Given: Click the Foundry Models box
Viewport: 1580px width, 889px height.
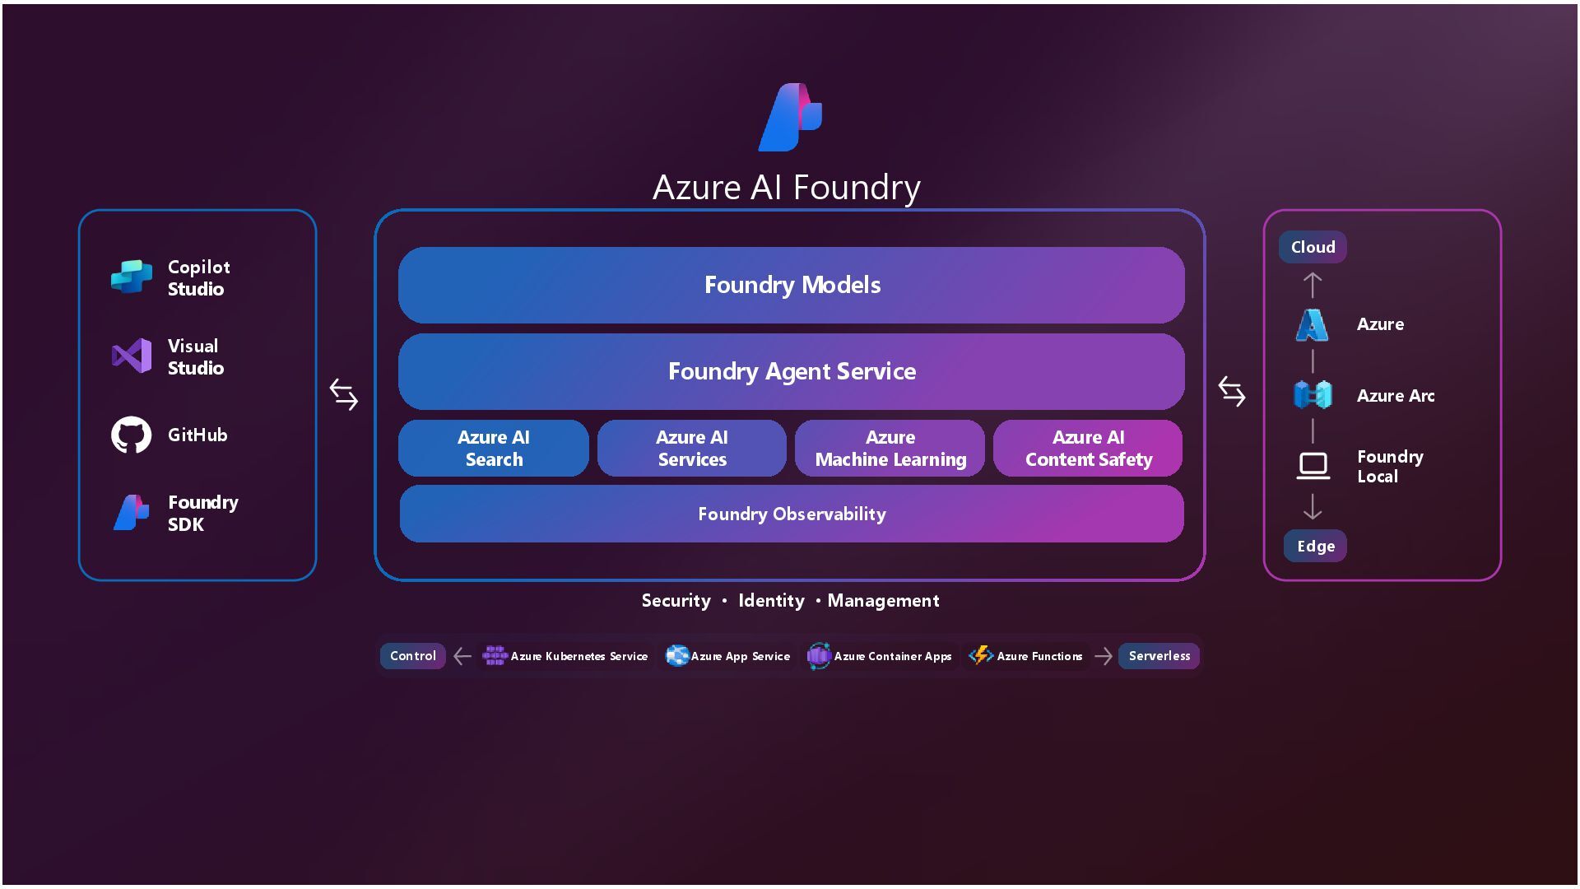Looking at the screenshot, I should (x=791, y=285).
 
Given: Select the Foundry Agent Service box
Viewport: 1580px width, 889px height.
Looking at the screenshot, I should (x=791, y=371).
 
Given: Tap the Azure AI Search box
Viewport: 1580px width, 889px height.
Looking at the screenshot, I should (x=494, y=448).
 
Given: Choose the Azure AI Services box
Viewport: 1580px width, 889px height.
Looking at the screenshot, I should (x=691, y=448).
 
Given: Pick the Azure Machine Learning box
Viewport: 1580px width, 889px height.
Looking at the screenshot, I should (x=890, y=448).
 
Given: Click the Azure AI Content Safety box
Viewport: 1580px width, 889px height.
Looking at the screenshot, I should (x=1088, y=448).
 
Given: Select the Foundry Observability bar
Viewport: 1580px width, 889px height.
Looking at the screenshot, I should (x=791, y=514).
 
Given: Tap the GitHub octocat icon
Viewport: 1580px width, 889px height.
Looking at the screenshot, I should (x=132, y=435).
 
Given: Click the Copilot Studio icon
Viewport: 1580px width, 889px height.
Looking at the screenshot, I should (x=132, y=277).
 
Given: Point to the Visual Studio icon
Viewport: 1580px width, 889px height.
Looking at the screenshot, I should (x=132, y=356).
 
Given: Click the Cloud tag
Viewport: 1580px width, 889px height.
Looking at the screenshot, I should (x=1313, y=247).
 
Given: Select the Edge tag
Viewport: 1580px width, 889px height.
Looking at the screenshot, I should (x=1315, y=546).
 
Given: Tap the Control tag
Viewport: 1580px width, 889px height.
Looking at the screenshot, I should (x=412, y=656).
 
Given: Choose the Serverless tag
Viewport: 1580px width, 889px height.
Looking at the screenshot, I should (x=1159, y=656).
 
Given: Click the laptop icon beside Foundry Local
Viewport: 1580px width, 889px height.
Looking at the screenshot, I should (x=1313, y=466).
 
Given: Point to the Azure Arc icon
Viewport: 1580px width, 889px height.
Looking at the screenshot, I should (x=1313, y=395).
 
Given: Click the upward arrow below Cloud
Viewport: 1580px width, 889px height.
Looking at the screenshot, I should (x=1313, y=285).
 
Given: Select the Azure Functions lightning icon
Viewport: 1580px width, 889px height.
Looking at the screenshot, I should (x=980, y=655).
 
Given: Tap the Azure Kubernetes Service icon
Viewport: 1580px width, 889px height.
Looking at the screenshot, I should (x=495, y=655).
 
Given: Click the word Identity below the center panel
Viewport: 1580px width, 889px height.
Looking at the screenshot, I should (x=771, y=601).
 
